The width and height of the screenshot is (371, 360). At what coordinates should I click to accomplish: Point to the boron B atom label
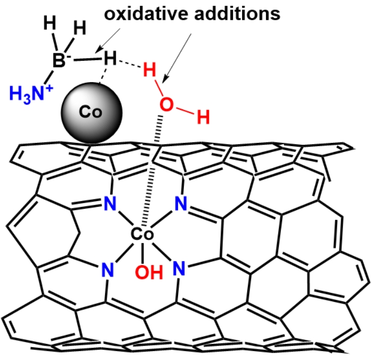59,61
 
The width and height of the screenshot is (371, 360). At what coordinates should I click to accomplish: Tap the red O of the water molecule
167,105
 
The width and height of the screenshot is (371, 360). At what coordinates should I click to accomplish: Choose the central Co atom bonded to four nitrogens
142,234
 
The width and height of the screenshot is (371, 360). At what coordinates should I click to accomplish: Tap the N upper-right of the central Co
181,203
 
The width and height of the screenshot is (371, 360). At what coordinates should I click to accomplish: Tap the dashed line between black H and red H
130,65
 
